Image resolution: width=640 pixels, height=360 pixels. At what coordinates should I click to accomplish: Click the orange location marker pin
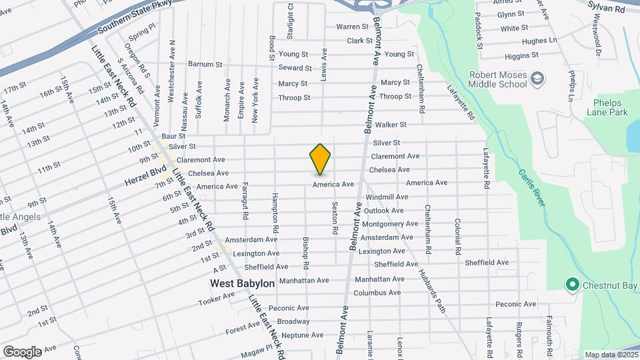(x=320, y=159)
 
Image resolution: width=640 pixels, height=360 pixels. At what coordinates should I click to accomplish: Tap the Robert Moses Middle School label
(x=497, y=80)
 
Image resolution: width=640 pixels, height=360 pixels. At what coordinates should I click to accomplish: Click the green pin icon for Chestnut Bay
(x=571, y=285)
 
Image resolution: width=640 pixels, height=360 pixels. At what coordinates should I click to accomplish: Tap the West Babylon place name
(x=242, y=283)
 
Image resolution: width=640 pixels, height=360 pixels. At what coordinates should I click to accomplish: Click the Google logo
(x=22, y=351)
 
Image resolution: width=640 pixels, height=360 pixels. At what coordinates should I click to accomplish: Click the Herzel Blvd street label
(x=144, y=176)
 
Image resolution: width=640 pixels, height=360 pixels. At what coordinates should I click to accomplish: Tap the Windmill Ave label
(x=387, y=197)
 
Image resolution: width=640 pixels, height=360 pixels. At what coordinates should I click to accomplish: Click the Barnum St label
(x=205, y=65)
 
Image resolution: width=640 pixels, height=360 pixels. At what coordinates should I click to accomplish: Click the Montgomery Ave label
(x=389, y=224)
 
